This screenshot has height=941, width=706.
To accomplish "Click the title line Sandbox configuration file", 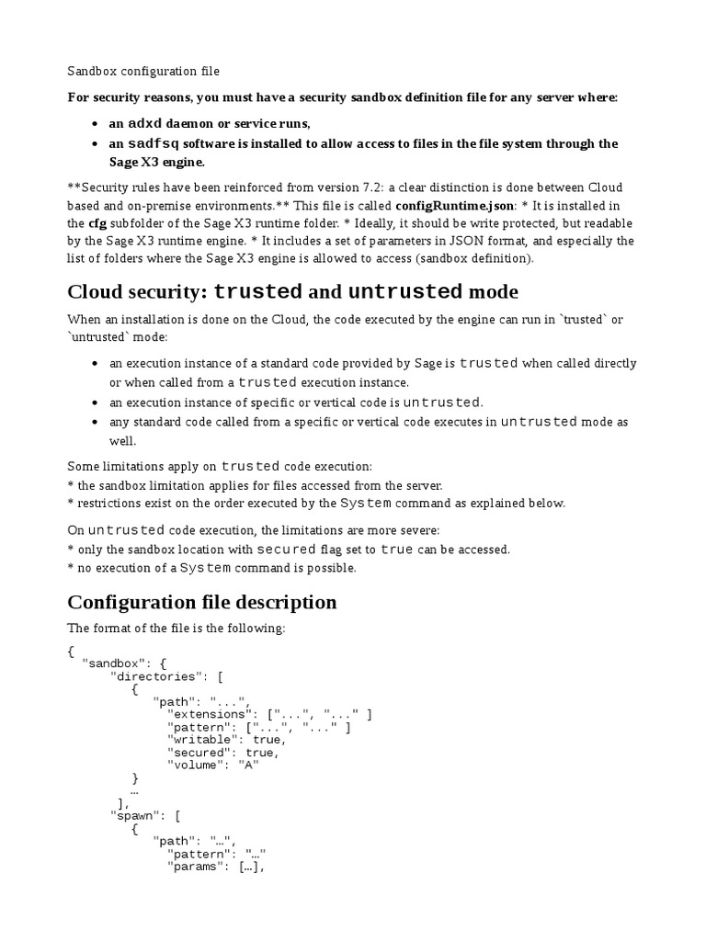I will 143,71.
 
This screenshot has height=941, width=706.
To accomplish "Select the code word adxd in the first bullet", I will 145,123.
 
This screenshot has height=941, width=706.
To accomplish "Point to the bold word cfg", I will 97,223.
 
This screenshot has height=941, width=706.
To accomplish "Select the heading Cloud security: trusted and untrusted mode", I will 292,292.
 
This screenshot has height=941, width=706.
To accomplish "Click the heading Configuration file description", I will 201,603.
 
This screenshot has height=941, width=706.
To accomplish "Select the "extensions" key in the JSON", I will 211,713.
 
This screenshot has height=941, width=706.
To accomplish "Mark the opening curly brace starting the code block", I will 71,651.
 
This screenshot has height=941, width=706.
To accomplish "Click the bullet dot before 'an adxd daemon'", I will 97,124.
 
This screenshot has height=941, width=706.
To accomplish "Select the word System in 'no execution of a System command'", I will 205,568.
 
